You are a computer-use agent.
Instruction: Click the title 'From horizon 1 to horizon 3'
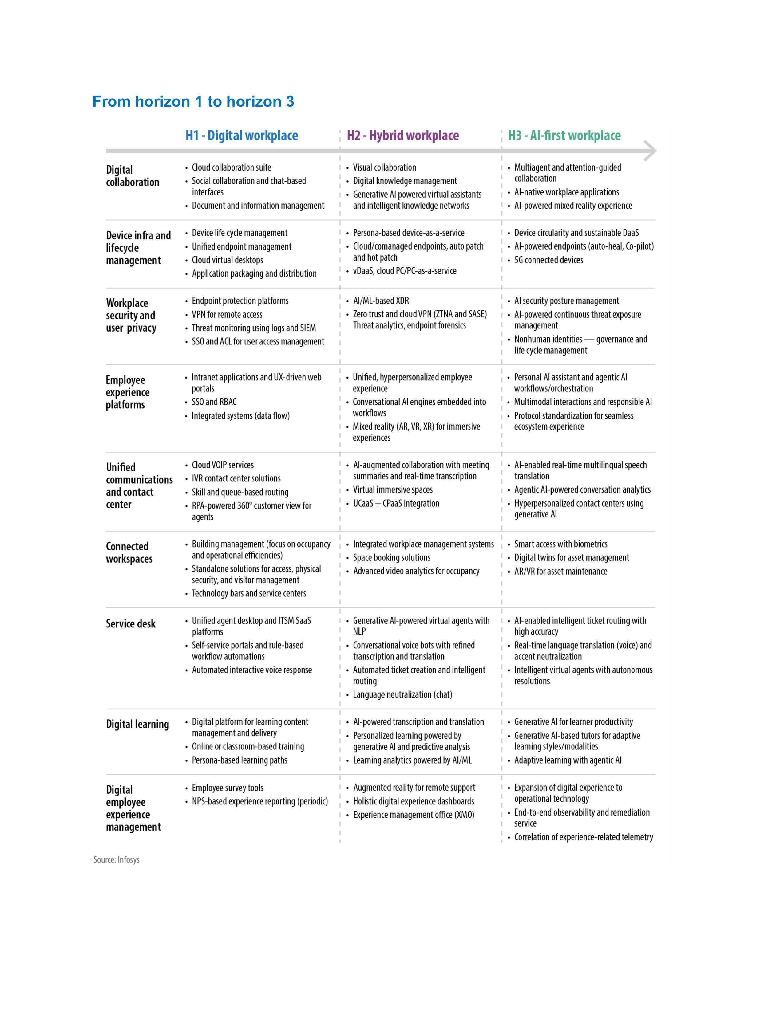[193, 102]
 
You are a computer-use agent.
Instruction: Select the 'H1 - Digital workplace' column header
[242, 136]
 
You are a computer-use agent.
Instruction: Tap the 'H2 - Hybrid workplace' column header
[403, 136]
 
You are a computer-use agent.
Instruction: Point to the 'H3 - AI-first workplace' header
[564, 136]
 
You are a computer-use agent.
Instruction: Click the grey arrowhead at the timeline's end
[651, 151]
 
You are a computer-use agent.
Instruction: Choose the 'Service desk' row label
[130, 623]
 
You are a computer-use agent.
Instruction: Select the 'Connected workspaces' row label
[129, 552]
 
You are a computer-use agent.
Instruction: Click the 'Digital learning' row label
[137, 724]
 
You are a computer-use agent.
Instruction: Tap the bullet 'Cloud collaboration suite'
[231, 167]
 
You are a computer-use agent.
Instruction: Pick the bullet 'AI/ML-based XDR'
[381, 301]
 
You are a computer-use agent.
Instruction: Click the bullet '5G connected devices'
[548, 260]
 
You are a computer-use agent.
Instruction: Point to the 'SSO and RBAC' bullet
[214, 402]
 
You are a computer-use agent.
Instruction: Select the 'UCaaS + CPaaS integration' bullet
[396, 503]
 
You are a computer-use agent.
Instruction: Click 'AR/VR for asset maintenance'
[560, 572]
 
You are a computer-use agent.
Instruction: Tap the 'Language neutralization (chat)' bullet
[402, 694]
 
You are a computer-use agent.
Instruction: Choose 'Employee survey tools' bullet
[228, 788]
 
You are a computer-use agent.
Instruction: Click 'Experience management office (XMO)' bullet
[413, 815]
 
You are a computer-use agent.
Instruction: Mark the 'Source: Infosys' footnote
[117, 860]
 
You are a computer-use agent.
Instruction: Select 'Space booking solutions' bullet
[391, 558]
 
